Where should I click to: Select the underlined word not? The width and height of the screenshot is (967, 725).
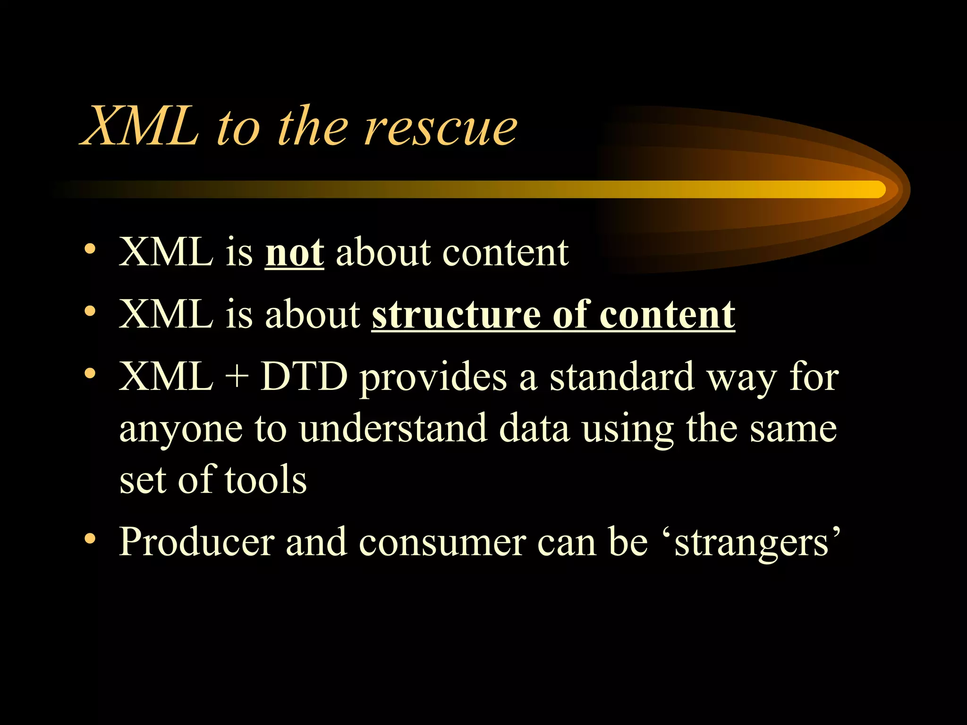pyautogui.click(x=294, y=253)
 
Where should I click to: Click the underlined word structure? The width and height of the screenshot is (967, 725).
pyautogui.click(x=456, y=315)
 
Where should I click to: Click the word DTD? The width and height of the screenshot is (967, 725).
pyautogui.click(x=304, y=377)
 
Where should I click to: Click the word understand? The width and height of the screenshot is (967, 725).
pyautogui.click(x=393, y=428)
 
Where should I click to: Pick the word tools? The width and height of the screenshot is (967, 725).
pyautogui.click(x=265, y=480)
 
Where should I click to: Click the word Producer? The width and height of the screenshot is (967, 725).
pyautogui.click(x=196, y=542)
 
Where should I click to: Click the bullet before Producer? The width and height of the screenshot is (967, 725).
pyautogui.click(x=90, y=538)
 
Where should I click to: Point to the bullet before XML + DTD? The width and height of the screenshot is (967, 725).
pyautogui.click(x=90, y=374)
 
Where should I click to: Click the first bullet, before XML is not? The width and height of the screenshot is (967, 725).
pyautogui.click(x=90, y=249)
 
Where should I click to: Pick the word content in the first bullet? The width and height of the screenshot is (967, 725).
pyautogui.click(x=505, y=253)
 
